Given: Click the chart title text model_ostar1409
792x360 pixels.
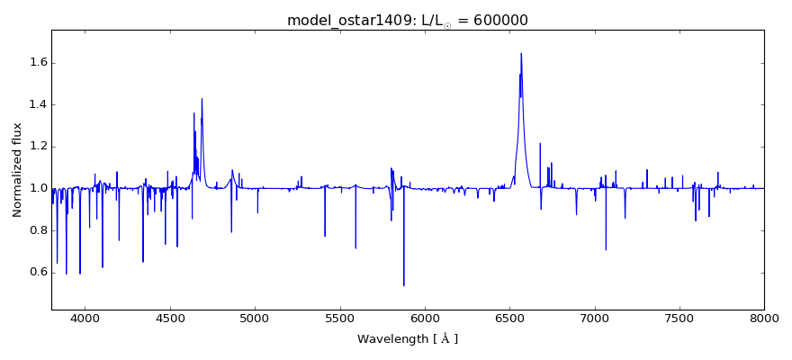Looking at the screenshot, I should (346, 20).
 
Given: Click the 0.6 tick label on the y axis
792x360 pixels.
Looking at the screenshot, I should (36, 273).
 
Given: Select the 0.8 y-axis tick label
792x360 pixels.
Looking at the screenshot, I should (36, 230).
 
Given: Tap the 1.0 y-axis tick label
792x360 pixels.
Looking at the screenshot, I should (36, 188).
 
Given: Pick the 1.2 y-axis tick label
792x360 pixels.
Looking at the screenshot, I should (36, 147).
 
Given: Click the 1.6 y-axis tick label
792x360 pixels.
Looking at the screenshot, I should (36, 63).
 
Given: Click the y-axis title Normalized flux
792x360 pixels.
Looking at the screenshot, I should (17, 169).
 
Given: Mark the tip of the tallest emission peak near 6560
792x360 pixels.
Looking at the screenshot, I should (520, 53).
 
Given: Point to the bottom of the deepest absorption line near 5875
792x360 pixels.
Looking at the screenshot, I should (403, 285).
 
